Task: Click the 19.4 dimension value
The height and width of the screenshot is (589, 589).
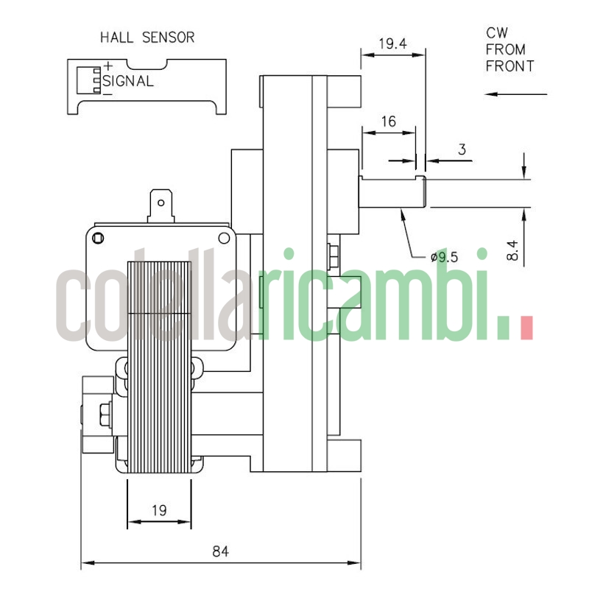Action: click(x=392, y=43)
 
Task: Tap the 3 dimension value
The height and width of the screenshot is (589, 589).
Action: click(x=462, y=149)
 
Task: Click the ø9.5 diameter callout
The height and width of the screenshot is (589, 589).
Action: click(x=444, y=257)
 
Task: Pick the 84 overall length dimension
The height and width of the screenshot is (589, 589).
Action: click(x=219, y=551)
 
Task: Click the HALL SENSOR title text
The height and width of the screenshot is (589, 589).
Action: click(x=147, y=37)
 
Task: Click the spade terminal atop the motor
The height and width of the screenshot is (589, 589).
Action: click(x=161, y=204)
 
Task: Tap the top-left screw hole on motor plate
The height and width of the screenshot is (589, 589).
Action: click(x=98, y=237)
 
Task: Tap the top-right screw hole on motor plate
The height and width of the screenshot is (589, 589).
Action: click(x=224, y=237)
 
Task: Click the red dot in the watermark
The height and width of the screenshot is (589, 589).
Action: click(x=526, y=328)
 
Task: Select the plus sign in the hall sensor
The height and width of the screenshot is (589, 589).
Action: click(x=107, y=66)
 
